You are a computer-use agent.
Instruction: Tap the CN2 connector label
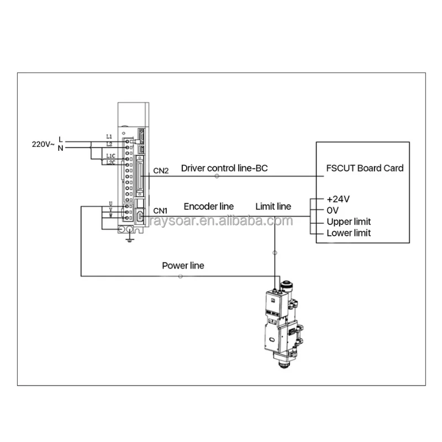161,171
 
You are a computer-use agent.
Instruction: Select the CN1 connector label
160,210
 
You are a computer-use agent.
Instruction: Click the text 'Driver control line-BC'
224,168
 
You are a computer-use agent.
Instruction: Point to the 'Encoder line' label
208,207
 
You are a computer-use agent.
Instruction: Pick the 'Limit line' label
273,207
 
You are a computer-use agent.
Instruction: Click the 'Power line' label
183,266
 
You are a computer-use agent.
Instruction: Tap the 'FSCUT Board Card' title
365,168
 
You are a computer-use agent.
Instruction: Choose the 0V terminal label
333,211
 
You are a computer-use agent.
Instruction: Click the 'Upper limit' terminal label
349,222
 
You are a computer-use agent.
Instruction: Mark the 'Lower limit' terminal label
349,233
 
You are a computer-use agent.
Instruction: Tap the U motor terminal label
111,204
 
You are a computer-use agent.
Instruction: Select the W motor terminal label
111,215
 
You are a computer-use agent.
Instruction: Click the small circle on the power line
180,276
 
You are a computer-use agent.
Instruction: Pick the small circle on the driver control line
216,176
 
